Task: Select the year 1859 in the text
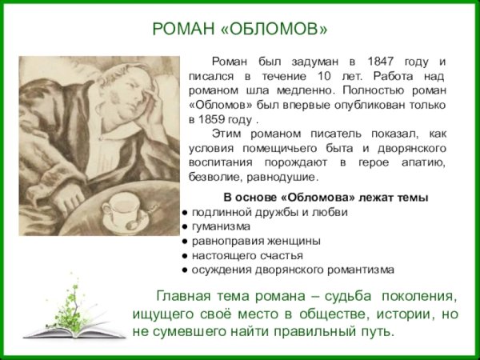pyautogui.click(x=204, y=119)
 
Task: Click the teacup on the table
pyautogui.click(x=119, y=210)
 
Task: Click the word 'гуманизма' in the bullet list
pyautogui.click(x=219, y=226)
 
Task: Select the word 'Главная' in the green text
pyautogui.click(x=186, y=295)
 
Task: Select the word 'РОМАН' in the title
pyautogui.click(x=183, y=30)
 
